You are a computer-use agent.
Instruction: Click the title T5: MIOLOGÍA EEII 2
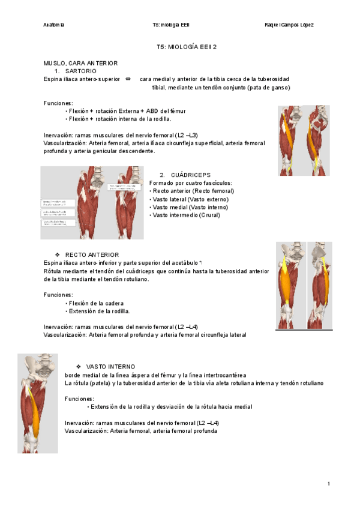click(187, 46)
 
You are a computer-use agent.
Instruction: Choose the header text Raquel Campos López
click(289, 25)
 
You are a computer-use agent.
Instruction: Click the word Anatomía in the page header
click(55, 25)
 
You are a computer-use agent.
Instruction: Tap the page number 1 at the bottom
click(329, 484)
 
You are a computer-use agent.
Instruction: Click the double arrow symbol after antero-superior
click(128, 79)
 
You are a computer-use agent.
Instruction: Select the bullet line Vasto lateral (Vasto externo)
click(191, 199)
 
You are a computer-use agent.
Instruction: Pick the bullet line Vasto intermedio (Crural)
click(187, 215)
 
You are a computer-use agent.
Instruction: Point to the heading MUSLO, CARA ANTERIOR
click(80, 62)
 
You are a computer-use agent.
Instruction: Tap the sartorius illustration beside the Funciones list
click(304, 140)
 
